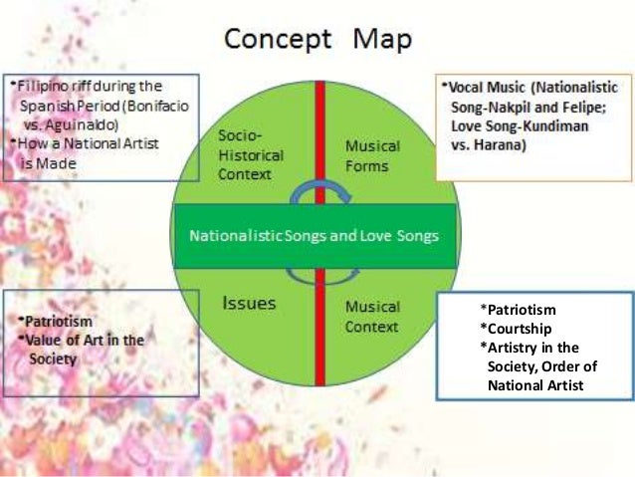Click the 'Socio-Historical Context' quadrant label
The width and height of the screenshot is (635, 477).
250,155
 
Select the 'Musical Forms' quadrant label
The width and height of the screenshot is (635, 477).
372,155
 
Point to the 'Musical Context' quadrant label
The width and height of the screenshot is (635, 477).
372,317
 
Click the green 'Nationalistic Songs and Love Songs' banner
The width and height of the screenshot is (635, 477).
317,236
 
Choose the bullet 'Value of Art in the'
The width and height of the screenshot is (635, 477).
84,341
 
